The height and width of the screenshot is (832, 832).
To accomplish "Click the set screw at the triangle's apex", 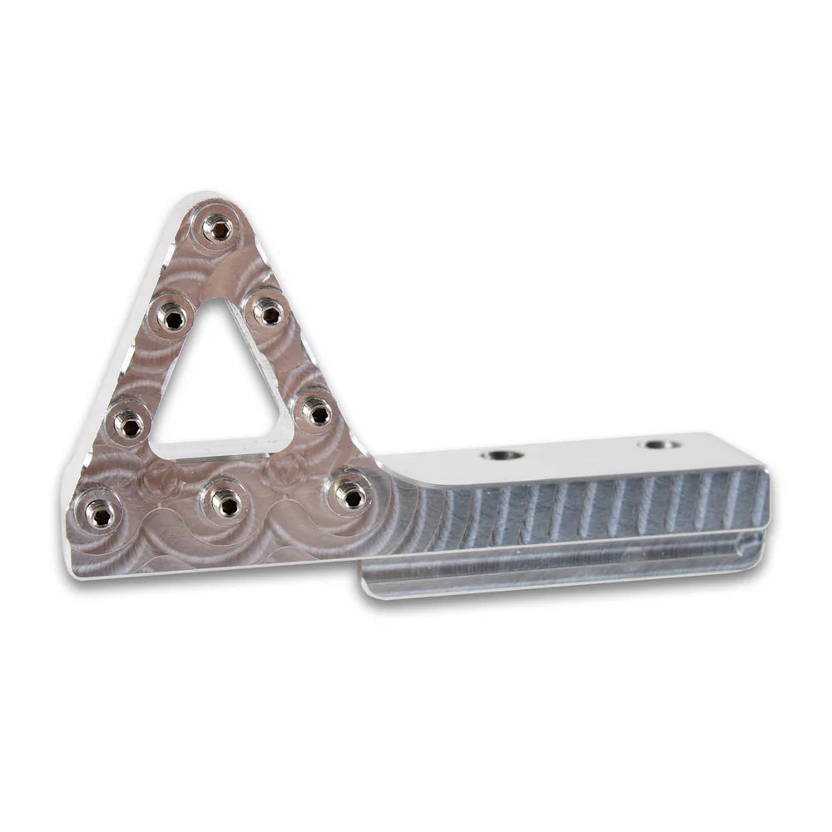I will pos(217,227).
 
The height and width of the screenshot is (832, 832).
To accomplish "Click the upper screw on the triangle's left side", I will pos(173,316).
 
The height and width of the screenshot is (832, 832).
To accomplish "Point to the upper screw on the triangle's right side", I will pos(268,313).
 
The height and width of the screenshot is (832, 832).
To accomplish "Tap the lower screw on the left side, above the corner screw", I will pos(129,425).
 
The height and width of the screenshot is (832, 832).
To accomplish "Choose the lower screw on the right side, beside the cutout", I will pos(316,411).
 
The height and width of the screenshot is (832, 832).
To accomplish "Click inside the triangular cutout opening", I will pos(218,383).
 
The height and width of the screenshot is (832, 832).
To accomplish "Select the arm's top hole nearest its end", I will pos(661,444).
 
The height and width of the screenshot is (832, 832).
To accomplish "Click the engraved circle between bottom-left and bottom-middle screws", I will pos(160,479).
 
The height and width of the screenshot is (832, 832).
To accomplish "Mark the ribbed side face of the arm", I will pos(599,508).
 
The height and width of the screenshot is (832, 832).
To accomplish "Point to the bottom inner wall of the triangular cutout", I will pos(218,449).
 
